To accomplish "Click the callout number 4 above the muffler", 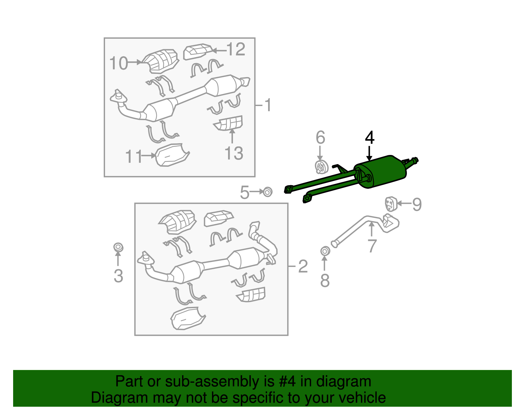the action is pos(369,138).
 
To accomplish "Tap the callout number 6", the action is pos(320,138).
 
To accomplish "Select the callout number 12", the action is pos(236,49).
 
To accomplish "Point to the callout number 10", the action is pos(118,63).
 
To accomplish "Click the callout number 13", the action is pos(234,153).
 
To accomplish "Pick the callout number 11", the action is pos(134,156).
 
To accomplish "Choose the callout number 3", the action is pos(118,276).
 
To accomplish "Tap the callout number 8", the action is pos(325,280).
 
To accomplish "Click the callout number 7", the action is pos(372,246).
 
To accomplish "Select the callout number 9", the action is pos(417,205).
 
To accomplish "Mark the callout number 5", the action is pos(244,192).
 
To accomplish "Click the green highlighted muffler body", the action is pos(381,172).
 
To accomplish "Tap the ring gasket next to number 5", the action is pos(267,192).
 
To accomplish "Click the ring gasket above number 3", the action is pos(118,248).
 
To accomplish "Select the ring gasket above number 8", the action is pos(325,251).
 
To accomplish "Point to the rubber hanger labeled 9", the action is pos(391,204).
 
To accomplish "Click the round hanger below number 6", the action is pos(321,167).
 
